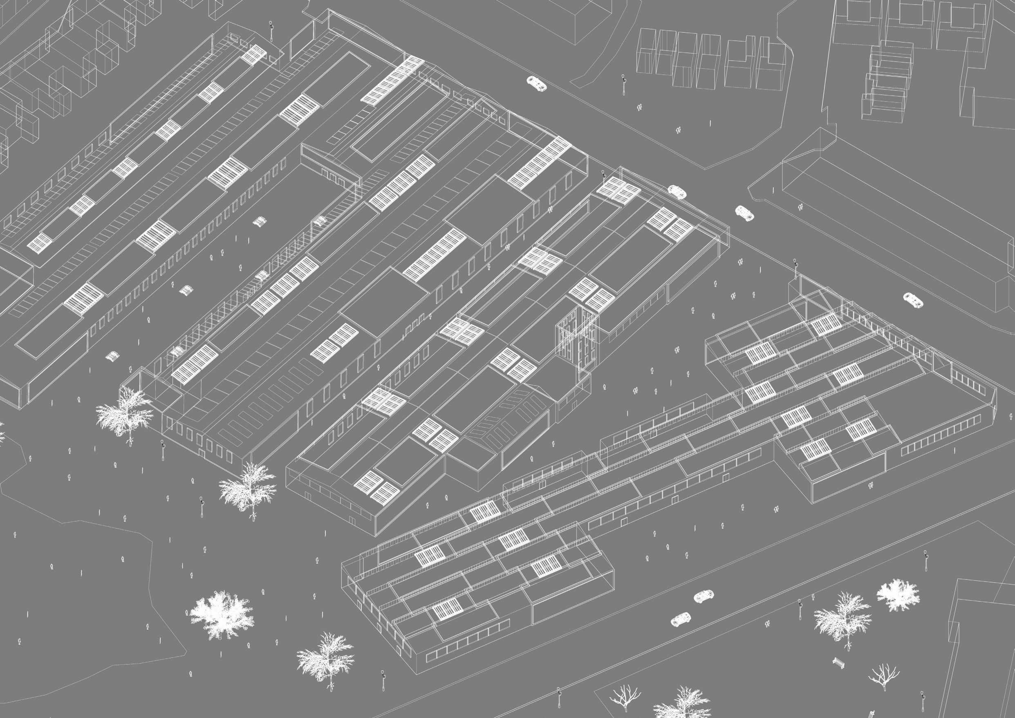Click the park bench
837,675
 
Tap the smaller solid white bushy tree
898,595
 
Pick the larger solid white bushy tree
221,614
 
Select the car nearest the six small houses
536,83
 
